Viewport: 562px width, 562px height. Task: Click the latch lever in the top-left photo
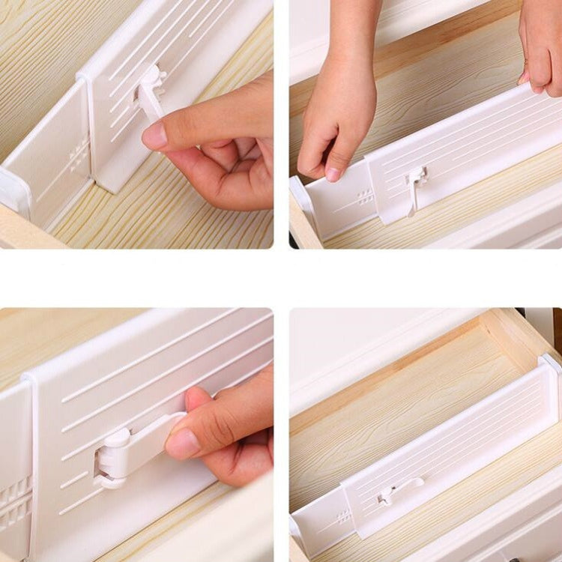151,94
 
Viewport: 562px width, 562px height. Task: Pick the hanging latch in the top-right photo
414,187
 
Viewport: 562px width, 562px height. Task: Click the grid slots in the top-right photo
365,196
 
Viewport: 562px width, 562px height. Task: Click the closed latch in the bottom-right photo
397,491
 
